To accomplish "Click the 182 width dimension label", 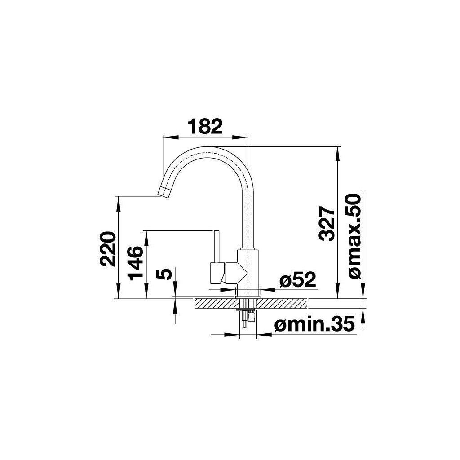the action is coord(205,126).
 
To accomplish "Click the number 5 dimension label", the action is coord(164,274).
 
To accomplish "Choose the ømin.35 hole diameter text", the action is coord(314,324).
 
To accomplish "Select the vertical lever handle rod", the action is coord(217,247).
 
